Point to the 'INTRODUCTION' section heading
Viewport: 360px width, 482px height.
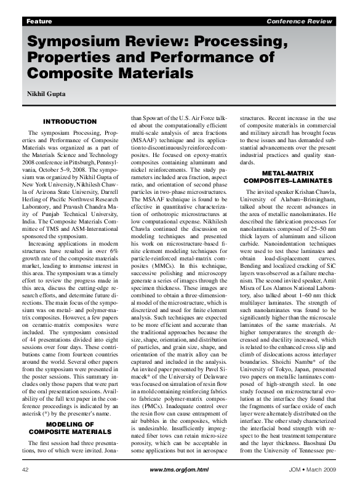[x=70, y=122]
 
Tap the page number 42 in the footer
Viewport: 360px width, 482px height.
[x=26, y=469]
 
